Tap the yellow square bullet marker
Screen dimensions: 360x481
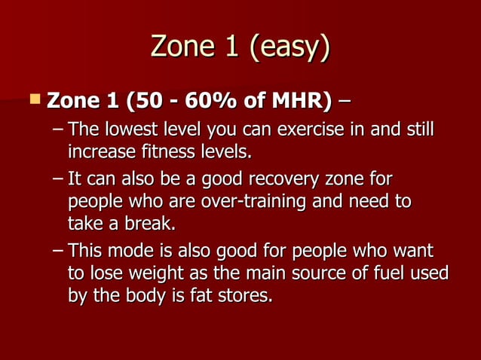click(x=32, y=99)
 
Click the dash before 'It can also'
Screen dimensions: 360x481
click(x=58, y=182)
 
